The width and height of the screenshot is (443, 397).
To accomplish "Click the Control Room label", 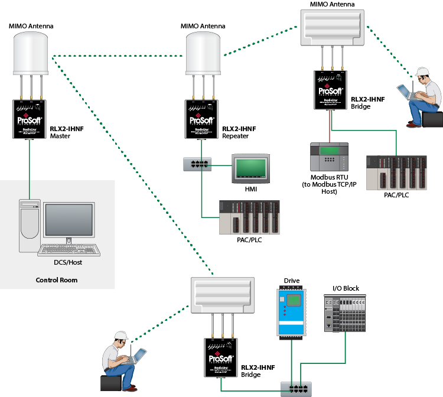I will pyautogui.click(x=57, y=280).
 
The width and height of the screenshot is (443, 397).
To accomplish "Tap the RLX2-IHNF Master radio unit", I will pyautogui.click(x=29, y=119).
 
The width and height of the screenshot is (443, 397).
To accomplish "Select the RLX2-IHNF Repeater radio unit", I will pyautogui.click(x=202, y=119).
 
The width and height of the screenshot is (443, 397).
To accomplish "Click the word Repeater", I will pyautogui.click(x=236, y=136).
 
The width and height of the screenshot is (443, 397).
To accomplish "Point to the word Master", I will pyautogui.click(x=60, y=136).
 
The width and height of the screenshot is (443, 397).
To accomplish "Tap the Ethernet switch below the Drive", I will pyautogui.click(x=295, y=388).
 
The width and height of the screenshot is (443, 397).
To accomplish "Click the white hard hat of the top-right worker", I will pyautogui.click(x=422, y=71).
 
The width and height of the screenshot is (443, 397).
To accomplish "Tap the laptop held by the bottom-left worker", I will pyautogui.click(x=137, y=356).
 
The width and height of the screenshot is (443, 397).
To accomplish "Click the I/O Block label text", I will pyautogui.click(x=346, y=288).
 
